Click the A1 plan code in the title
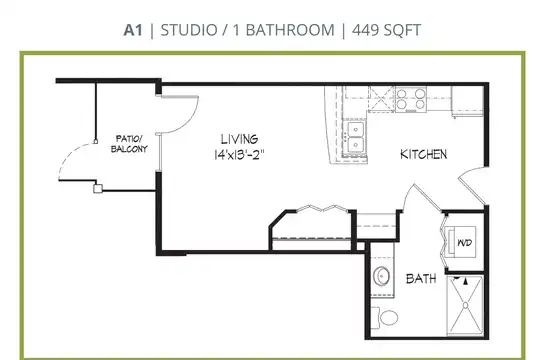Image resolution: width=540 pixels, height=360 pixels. tap(133, 30)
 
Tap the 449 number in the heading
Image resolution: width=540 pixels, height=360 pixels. tap(365, 30)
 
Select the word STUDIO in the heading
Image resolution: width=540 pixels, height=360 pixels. tap(189, 30)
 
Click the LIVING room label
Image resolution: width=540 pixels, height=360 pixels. tap(239, 139)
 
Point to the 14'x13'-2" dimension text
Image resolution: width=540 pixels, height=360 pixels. tap(239, 155)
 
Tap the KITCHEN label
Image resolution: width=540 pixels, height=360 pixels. tap(424, 154)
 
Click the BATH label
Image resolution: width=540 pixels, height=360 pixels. tap(421, 278)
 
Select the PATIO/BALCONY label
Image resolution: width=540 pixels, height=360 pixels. tap(129, 144)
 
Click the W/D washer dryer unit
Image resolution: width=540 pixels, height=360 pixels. tap(461, 242)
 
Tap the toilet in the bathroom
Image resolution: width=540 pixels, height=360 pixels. tap(385, 318)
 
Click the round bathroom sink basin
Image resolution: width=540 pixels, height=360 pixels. tap(381, 276)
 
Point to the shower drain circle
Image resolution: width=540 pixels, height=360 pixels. tap(466, 305)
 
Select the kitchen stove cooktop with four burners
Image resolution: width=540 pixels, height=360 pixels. tap(411, 99)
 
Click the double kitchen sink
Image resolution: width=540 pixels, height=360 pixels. tap(356, 137)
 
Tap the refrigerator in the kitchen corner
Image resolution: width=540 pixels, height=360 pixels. tap(468, 101)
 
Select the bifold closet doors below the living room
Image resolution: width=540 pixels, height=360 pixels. tap(322, 208)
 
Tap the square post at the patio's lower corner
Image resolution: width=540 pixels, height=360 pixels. tap(98, 189)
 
